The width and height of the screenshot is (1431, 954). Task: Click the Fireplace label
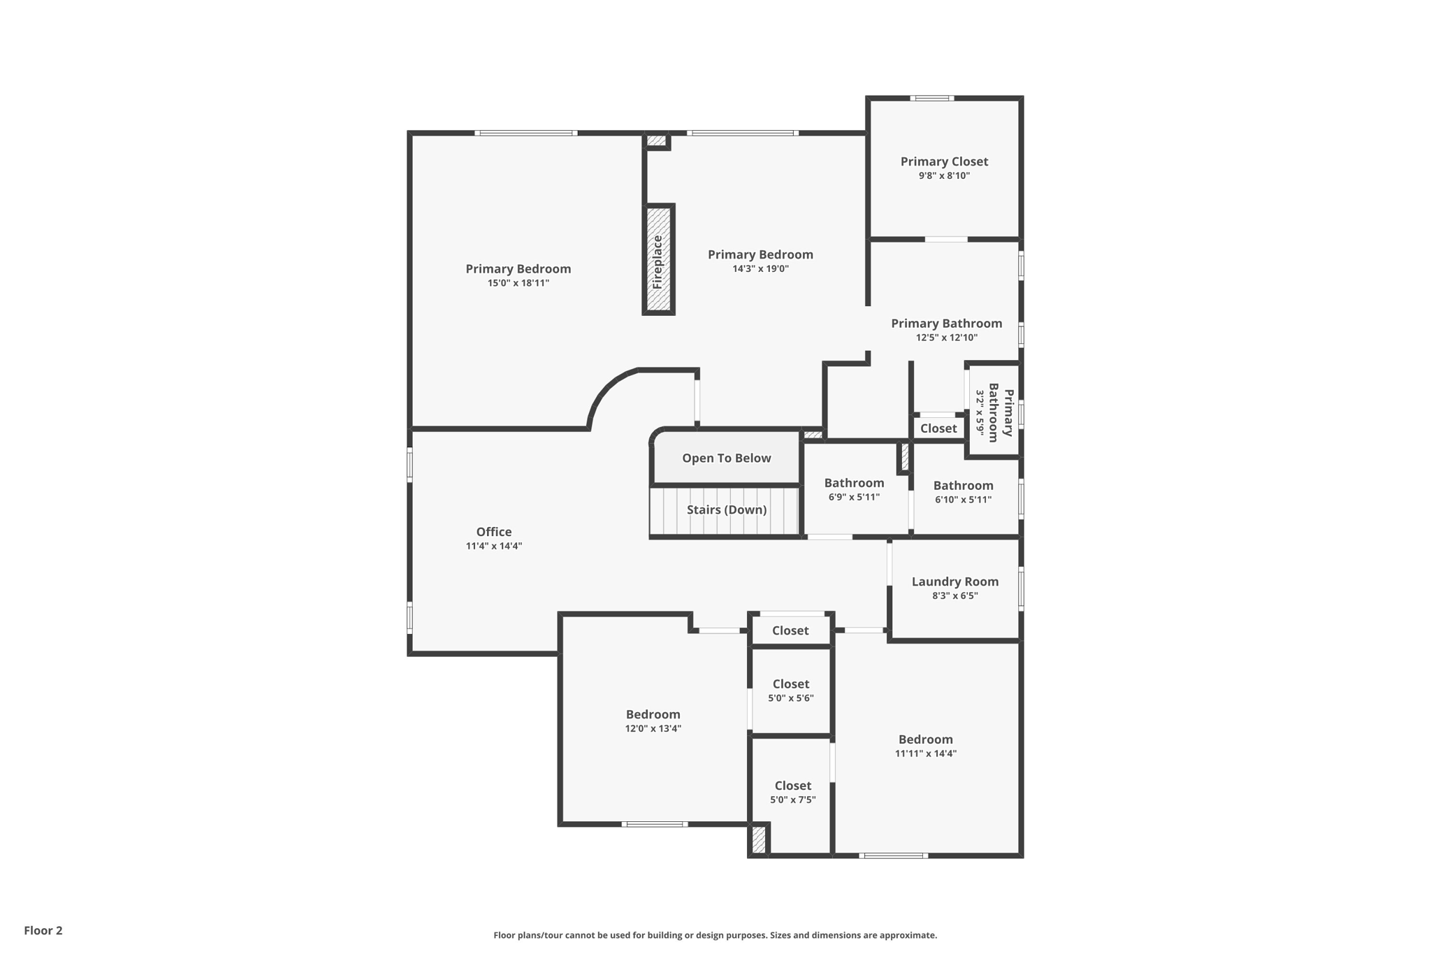pyautogui.click(x=658, y=262)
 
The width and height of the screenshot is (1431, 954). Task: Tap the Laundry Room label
pyautogui.click(x=954, y=581)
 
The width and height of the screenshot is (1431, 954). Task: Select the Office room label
pyautogui.click(x=494, y=532)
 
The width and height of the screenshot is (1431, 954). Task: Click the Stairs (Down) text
pyautogui.click(x=727, y=509)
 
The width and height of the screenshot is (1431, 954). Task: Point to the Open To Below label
pyautogui.click(x=727, y=458)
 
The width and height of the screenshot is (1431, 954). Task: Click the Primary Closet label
pyautogui.click(x=944, y=161)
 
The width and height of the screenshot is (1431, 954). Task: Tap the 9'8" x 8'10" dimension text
pyautogui.click(x=944, y=175)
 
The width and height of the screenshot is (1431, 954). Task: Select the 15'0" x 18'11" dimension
pyautogui.click(x=518, y=283)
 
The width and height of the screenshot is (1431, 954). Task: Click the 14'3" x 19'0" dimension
pyautogui.click(x=760, y=268)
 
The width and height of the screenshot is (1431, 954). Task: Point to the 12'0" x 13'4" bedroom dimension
pyautogui.click(x=653, y=728)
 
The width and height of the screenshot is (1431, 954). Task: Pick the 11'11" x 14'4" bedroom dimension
pyautogui.click(x=925, y=753)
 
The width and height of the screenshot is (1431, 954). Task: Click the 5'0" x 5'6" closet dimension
pyautogui.click(x=791, y=698)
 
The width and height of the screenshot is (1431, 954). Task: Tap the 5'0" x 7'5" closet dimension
pyautogui.click(x=792, y=800)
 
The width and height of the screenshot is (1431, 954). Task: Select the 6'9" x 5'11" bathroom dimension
pyautogui.click(x=854, y=497)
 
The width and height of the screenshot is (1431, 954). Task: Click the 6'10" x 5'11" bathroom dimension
pyautogui.click(x=963, y=500)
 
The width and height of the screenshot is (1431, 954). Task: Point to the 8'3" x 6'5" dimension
pyautogui.click(x=954, y=595)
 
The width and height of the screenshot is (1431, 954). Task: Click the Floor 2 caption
pyautogui.click(x=43, y=930)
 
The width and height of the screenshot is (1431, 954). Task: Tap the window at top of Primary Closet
pyautogui.click(x=931, y=98)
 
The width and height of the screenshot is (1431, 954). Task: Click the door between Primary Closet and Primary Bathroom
pyautogui.click(x=946, y=239)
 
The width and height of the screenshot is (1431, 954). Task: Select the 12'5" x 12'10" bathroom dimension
pyautogui.click(x=946, y=338)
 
